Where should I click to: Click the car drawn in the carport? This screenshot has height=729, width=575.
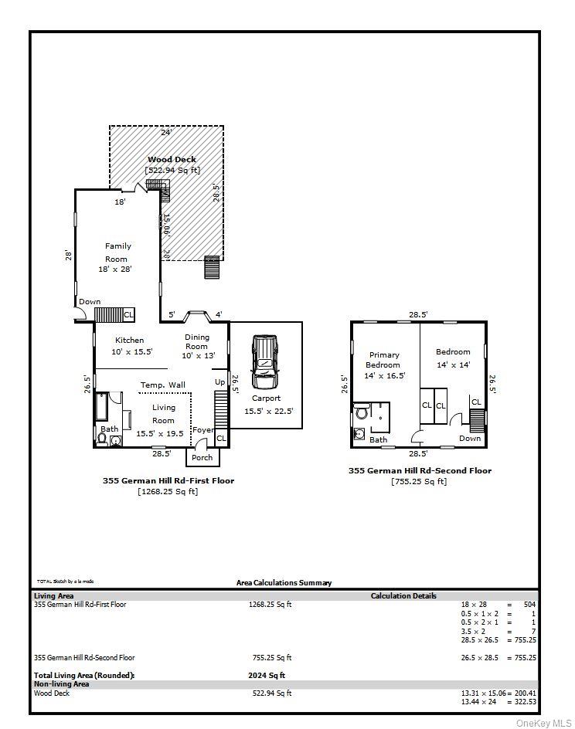coord(264,361)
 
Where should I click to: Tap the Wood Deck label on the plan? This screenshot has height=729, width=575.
coord(172,159)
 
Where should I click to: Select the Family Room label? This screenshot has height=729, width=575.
coord(118,252)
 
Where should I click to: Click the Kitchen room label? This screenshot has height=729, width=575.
coord(129,340)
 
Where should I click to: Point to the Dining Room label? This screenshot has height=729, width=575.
coord(196,341)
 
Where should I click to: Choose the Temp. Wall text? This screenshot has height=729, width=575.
coord(162,385)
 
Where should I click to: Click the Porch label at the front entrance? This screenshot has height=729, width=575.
coord(202,457)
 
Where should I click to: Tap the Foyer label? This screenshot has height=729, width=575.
coord(202,430)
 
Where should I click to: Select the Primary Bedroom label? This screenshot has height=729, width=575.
coord(383,360)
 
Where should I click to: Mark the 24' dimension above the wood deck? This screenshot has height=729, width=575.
coord(166,132)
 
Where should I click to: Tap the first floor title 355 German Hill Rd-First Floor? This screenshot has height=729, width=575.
coord(168,480)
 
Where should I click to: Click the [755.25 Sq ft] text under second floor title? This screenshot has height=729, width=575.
coord(419,481)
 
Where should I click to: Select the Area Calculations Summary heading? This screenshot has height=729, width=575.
coord(284,582)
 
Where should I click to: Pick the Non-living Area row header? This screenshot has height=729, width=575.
coord(61,683)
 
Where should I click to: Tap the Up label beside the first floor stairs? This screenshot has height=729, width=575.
coord(219,382)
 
